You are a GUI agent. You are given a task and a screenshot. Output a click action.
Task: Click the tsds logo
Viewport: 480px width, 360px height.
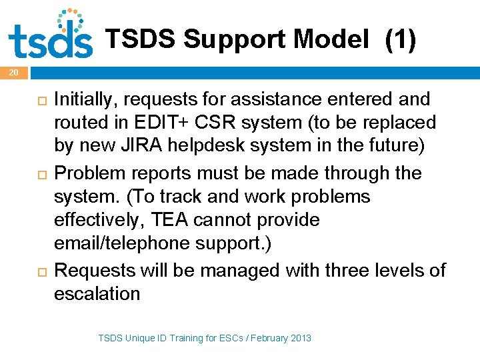(x=50, y=35)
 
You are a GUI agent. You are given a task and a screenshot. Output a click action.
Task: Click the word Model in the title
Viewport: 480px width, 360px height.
(x=331, y=41)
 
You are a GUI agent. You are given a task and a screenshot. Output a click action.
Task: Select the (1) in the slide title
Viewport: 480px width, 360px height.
(x=400, y=41)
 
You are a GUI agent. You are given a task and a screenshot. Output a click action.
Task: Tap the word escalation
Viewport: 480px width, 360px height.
(x=97, y=293)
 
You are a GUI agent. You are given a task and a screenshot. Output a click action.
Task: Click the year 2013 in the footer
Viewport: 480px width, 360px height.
(x=300, y=339)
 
